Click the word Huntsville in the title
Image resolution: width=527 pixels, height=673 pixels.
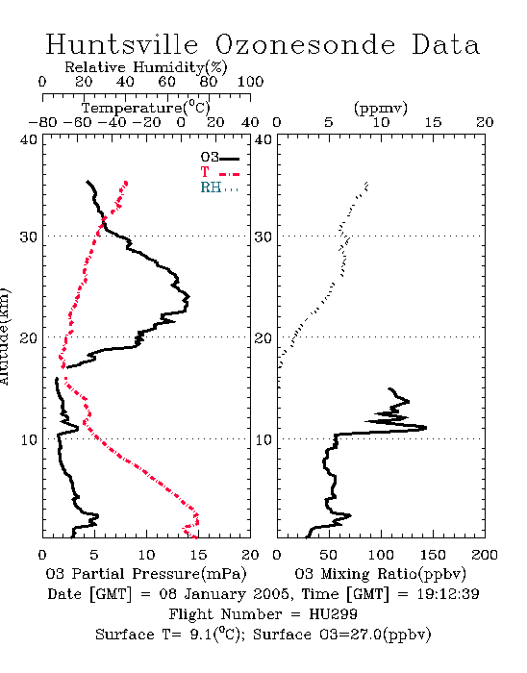(122, 44)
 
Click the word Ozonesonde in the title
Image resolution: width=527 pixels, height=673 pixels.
(305, 44)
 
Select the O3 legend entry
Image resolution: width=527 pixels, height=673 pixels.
(219, 158)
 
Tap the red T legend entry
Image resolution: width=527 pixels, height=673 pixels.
(219, 172)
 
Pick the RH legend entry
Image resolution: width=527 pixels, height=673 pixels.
(219, 187)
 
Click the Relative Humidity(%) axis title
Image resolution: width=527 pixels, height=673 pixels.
(146, 67)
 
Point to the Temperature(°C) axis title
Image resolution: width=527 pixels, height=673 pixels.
(146, 108)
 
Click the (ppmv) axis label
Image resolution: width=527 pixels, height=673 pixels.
(381, 108)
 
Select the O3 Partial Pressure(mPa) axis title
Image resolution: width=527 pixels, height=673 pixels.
(146, 574)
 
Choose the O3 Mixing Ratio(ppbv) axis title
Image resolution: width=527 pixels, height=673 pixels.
(381, 574)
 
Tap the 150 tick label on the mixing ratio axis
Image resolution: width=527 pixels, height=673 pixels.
(433, 555)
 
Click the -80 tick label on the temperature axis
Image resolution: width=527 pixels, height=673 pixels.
(42, 123)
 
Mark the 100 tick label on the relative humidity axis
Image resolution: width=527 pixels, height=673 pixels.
(250, 82)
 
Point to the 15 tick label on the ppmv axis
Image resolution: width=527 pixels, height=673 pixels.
(433, 123)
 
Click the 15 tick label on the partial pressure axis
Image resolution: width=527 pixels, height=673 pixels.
(198, 555)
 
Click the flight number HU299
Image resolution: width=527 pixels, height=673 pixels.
(333, 614)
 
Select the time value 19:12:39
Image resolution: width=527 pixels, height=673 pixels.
(448, 594)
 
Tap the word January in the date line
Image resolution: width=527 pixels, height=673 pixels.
(215, 594)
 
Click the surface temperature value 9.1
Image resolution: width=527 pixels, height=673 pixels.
(200, 635)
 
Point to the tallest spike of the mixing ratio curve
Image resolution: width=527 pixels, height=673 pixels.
(425, 428)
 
